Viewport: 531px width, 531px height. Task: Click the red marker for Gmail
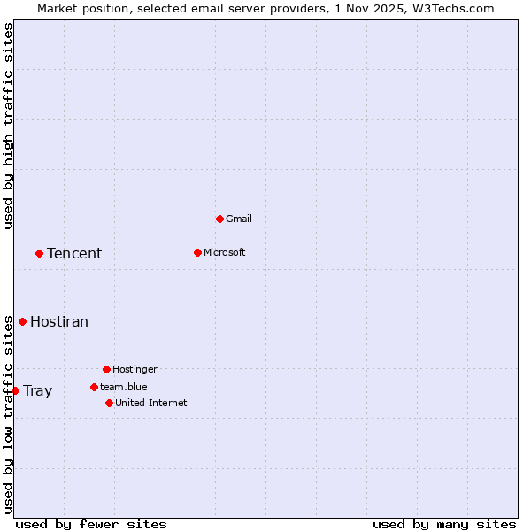coord(219,219)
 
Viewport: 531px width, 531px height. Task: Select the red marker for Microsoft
coord(197,252)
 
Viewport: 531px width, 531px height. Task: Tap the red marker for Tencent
coord(39,253)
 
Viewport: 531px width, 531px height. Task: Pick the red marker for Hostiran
coord(22,321)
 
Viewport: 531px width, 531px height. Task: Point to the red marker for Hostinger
coord(106,369)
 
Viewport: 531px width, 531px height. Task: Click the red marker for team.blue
coord(94,387)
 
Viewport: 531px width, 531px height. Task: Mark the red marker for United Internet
coord(109,403)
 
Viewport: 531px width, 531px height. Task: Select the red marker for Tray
coord(15,390)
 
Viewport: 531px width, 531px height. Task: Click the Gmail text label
coord(239,219)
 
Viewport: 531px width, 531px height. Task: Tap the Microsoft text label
coord(225,252)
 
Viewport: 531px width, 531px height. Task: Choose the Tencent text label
coord(74,253)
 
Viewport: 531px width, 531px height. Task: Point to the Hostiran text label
coord(59,321)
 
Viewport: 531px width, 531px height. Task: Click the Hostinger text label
coord(135,369)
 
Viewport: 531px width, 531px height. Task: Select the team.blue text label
coord(124,387)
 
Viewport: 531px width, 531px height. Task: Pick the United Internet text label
coord(151,403)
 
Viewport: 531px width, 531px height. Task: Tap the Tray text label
coord(37,390)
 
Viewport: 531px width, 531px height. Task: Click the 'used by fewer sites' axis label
coord(91,524)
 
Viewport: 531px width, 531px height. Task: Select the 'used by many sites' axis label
coord(444,524)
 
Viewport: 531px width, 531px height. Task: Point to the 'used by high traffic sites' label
coord(8,126)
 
